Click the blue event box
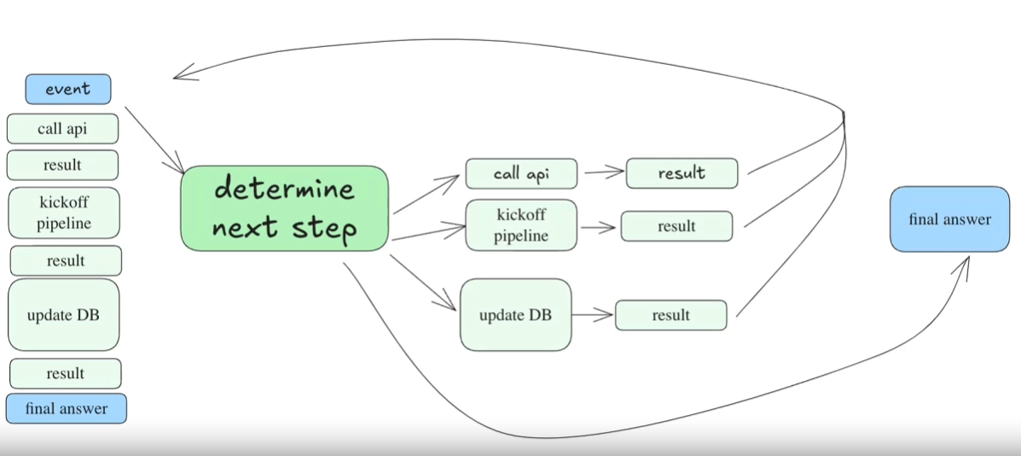tap(68, 90)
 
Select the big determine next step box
tap(285, 208)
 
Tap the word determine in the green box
tap(285, 189)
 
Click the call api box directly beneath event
tap(62, 129)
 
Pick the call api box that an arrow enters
tap(521, 174)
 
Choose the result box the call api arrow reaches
tap(682, 173)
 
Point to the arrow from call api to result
tap(604, 172)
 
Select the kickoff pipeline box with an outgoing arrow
tap(521, 225)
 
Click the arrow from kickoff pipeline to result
tap(599, 228)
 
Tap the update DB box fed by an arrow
tap(516, 314)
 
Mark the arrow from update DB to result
tap(593, 315)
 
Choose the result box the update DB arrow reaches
tap(670, 315)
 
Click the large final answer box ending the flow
tap(950, 219)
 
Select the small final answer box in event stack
tap(67, 409)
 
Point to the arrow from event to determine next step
tap(154, 140)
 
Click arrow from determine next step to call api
tap(426, 194)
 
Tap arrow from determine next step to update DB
tap(423, 283)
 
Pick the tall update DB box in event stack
tap(64, 315)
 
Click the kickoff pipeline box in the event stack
tap(64, 213)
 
